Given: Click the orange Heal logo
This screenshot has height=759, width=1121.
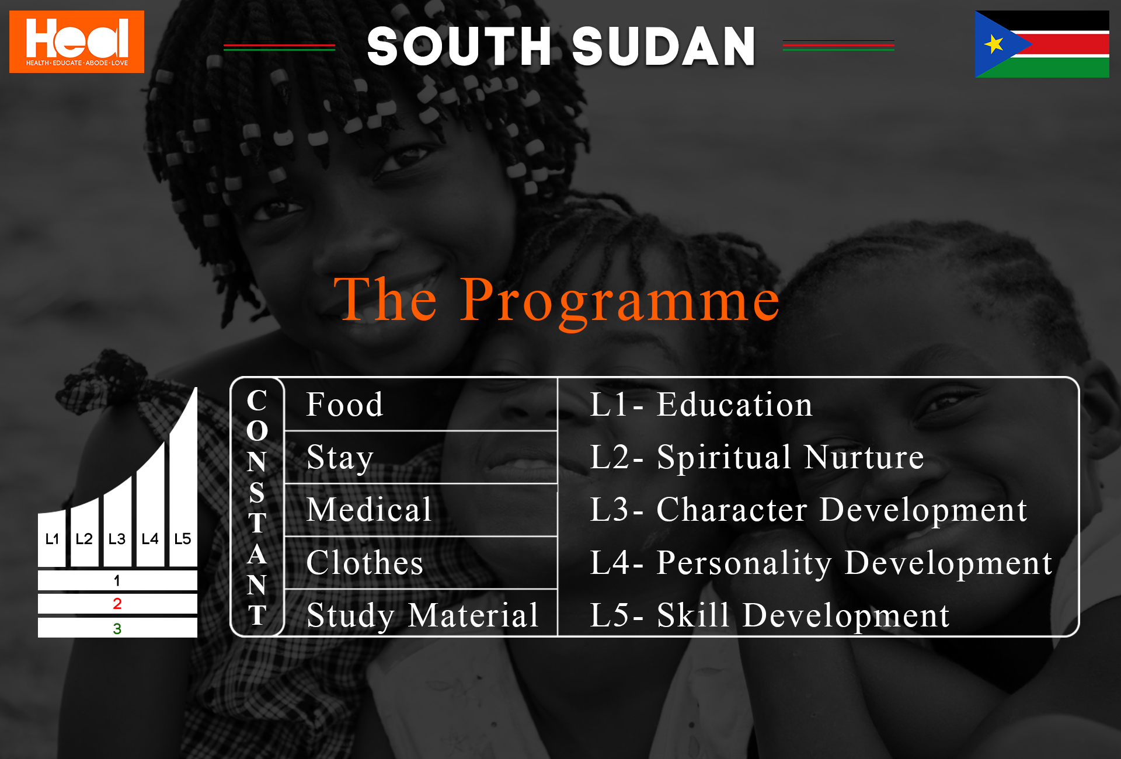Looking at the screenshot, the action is point(76,41).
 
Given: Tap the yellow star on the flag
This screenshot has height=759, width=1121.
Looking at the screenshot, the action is point(994,44).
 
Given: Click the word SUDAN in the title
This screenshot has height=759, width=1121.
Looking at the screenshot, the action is point(663,46).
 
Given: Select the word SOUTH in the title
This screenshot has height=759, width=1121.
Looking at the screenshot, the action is point(459,46).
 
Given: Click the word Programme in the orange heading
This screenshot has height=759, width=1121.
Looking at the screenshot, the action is point(619,300).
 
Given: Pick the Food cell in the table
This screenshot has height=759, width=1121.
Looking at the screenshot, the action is point(420,405).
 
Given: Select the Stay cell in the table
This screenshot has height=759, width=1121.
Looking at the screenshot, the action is point(420,457).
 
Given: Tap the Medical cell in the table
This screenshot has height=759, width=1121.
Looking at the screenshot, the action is point(420,510).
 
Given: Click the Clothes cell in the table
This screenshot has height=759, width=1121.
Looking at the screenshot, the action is point(420,562).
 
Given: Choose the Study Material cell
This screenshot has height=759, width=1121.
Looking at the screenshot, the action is point(420,613).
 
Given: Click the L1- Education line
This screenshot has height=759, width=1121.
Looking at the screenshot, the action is point(701,404).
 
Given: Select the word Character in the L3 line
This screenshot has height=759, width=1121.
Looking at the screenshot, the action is point(732,510).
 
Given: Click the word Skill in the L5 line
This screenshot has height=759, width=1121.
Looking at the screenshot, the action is point(693,615).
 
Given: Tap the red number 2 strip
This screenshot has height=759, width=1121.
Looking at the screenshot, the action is point(117,604).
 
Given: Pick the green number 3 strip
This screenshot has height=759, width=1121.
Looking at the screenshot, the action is point(117,628).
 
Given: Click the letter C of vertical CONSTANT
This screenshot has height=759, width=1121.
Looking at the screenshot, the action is point(257,401).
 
